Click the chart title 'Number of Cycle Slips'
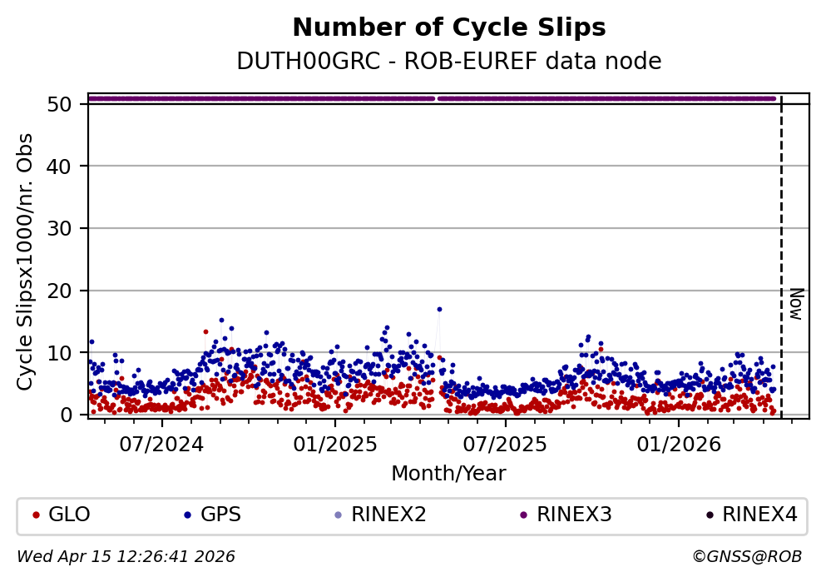tap(449, 28)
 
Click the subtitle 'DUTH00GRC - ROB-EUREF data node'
tap(449, 62)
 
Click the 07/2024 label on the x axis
tap(161, 443)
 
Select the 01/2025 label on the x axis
tap(334, 443)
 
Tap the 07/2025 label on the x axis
tap(505, 443)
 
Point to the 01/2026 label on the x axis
tap(678, 443)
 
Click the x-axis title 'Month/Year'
tap(448, 474)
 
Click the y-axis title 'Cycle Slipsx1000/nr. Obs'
tap(26, 261)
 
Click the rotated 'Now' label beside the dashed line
tap(795, 304)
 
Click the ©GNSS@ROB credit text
tap(746, 556)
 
